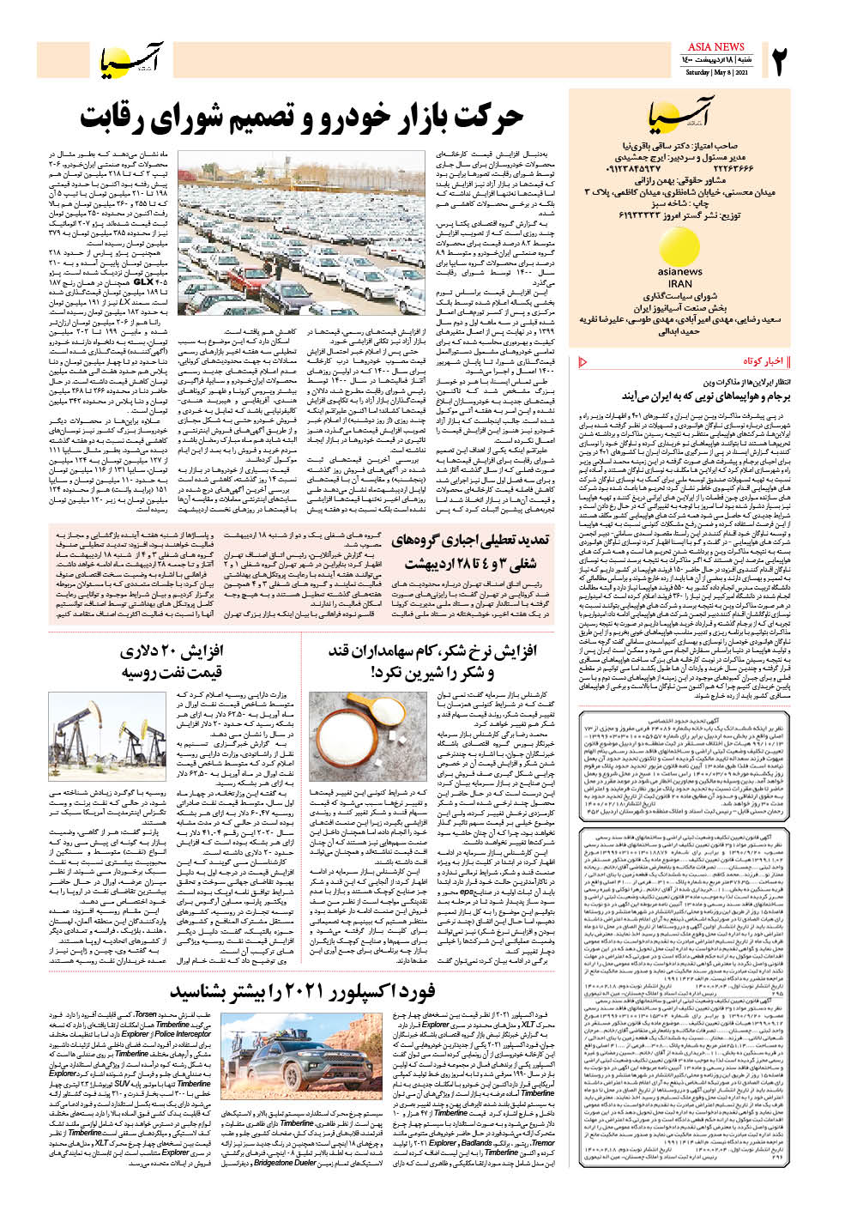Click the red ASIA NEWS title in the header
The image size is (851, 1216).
pos(715,46)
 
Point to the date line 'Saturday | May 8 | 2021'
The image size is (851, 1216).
pos(716,73)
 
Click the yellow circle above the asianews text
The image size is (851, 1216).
pos(679,246)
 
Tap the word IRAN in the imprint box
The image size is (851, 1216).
pos(679,283)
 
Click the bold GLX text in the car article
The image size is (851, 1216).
pos(144,281)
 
